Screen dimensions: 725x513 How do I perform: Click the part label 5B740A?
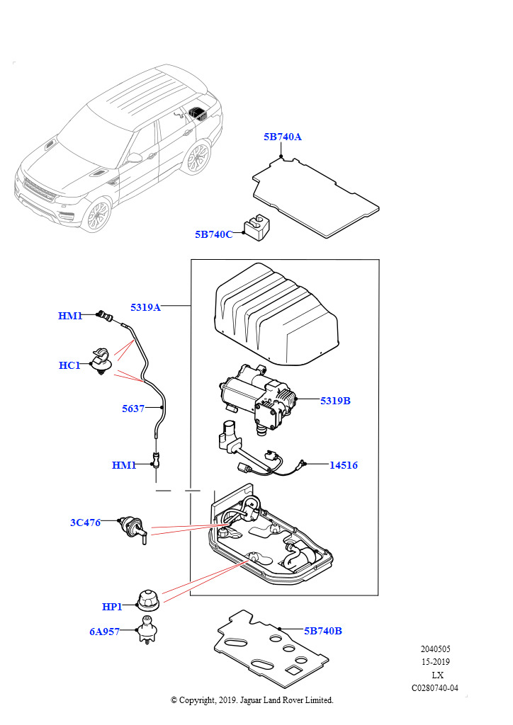pyautogui.click(x=282, y=137)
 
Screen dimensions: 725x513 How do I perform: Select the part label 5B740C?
pyautogui.click(x=213, y=234)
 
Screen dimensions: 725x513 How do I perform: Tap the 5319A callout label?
pyautogui.click(x=145, y=307)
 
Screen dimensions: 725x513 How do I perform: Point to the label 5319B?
pyautogui.click(x=335, y=401)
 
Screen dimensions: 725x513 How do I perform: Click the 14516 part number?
pyautogui.click(x=343, y=465)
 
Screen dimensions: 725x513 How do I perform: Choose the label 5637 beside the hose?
pyautogui.click(x=133, y=409)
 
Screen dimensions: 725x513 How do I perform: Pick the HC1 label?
pyautogui.click(x=69, y=365)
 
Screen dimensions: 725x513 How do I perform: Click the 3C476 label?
pyautogui.click(x=85, y=523)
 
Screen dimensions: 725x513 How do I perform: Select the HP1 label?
pyautogui.click(x=112, y=607)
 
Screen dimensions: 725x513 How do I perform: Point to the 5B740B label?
pyautogui.click(x=323, y=631)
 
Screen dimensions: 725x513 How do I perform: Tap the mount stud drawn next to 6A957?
pyautogui.click(x=147, y=629)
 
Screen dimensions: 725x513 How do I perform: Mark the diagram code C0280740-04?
pyautogui.click(x=435, y=687)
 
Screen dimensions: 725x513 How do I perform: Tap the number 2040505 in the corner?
pyautogui.click(x=435, y=649)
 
